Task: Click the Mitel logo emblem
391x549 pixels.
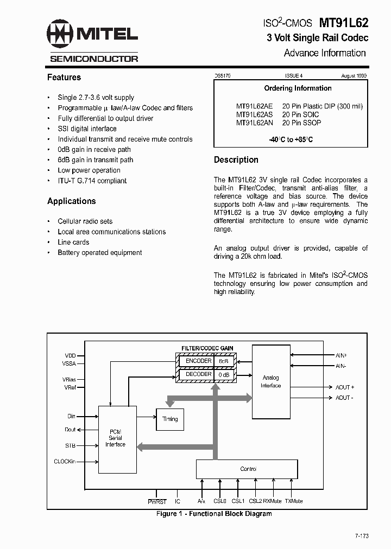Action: [x=60, y=34]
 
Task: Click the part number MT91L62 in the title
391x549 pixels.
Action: [x=343, y=23]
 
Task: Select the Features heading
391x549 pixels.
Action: [x=64, y=78]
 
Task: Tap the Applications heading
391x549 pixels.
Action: [x=72, y=201]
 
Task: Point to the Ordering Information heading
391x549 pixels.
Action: [x=298, y=88]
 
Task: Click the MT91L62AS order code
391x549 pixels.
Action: [x=255, y=115]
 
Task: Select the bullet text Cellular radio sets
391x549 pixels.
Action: [x=85, y=221]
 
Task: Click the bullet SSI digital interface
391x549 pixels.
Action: [x=87, y=129]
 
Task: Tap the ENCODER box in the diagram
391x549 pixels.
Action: [x=198, y=361]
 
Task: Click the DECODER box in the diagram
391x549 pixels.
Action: [x=198, y=374]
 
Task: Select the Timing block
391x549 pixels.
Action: [x=170, y=419]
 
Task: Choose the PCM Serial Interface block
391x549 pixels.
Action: [x=115, y=438]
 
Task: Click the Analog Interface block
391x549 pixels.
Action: [x=270, y=381]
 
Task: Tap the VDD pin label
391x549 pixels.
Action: [x=71, y=355]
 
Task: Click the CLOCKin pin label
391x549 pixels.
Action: [x=65, y=462]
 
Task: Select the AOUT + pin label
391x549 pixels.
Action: [x=344, y=387]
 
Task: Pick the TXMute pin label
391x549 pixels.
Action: [x=293, y=502]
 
